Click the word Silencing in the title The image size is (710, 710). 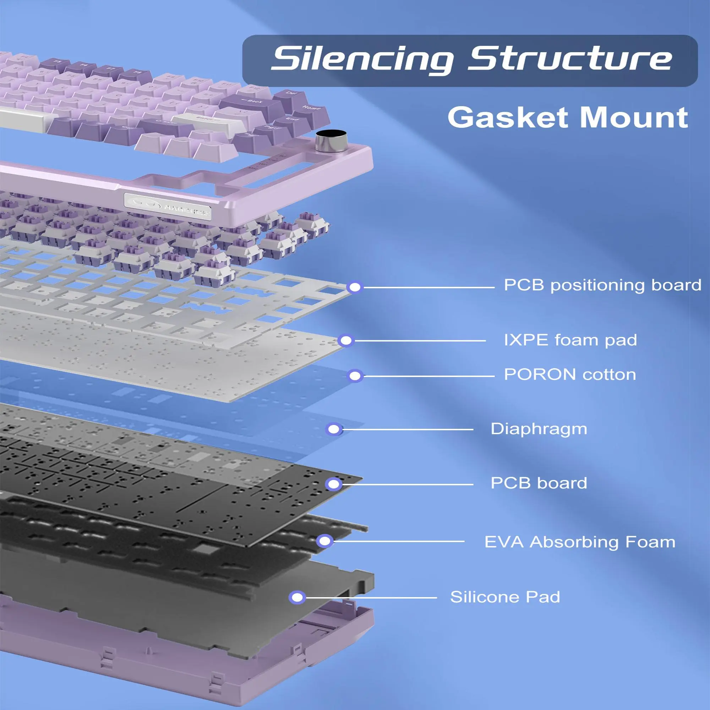362,59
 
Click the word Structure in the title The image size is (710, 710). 570,59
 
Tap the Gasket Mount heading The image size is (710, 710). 568,118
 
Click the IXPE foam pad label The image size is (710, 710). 570,340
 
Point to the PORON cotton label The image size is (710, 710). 570,375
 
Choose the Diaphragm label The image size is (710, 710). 539,429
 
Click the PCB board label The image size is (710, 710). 539,483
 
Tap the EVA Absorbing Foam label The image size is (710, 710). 580,542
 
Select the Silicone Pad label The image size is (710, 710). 505,597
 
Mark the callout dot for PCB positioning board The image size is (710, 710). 355,287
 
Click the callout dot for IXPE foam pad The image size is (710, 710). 346,341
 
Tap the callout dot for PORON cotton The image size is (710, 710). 355,376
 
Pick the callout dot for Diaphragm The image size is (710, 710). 334,429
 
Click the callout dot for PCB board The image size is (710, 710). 334,484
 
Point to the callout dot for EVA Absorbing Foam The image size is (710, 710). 324,541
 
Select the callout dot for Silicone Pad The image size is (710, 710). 297,597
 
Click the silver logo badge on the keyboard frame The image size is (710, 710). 168,207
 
